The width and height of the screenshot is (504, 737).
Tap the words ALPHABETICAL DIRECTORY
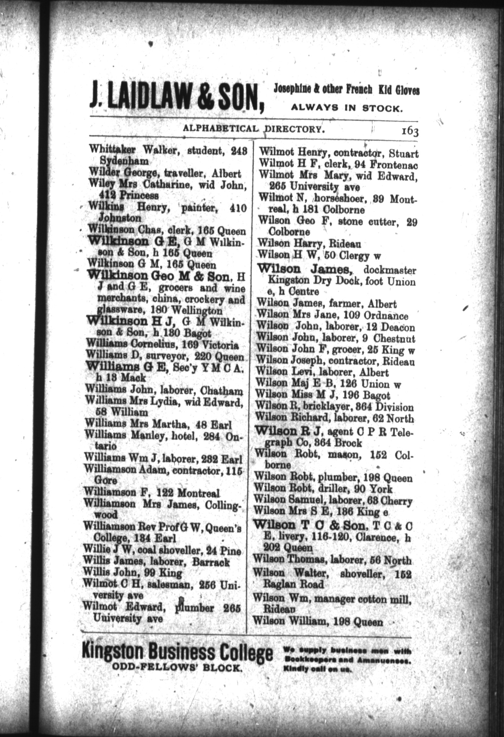[x=254, y=129]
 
